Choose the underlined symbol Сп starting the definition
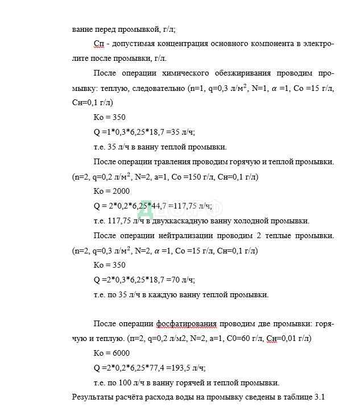click(98, 44)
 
